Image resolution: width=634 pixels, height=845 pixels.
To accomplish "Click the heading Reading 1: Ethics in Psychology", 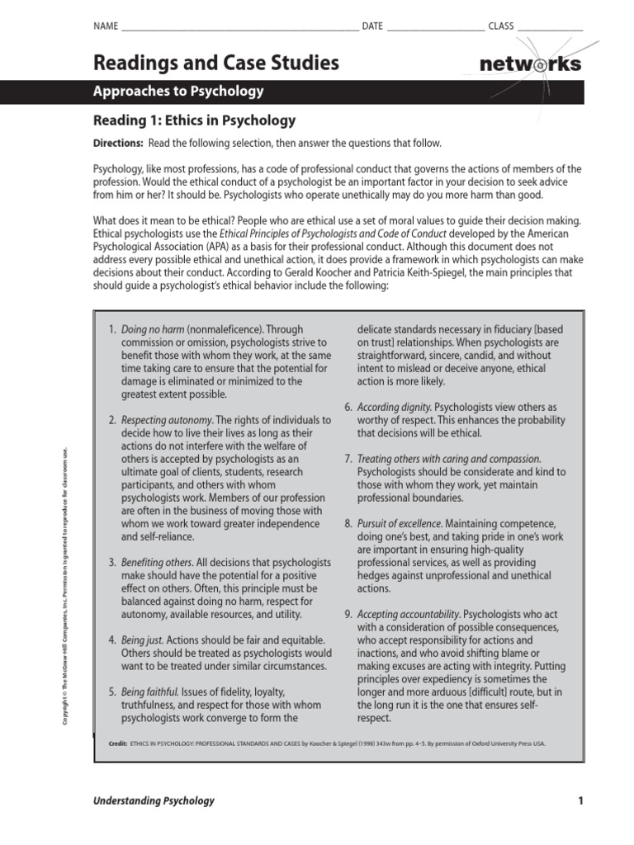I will click(195, 120).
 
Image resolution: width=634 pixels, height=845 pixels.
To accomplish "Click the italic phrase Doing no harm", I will click(153, 328).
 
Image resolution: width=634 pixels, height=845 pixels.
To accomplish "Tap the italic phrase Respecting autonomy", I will click(167, 420).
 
